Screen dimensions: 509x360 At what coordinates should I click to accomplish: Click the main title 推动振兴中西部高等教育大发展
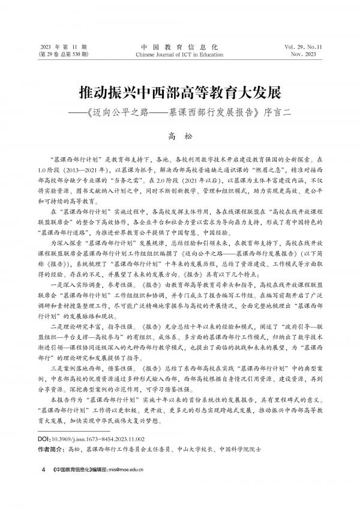click(180, 94)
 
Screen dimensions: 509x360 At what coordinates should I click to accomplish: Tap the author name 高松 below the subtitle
click(180, 137)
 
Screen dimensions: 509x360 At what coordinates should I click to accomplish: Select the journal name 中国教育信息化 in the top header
click(180, 46)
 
